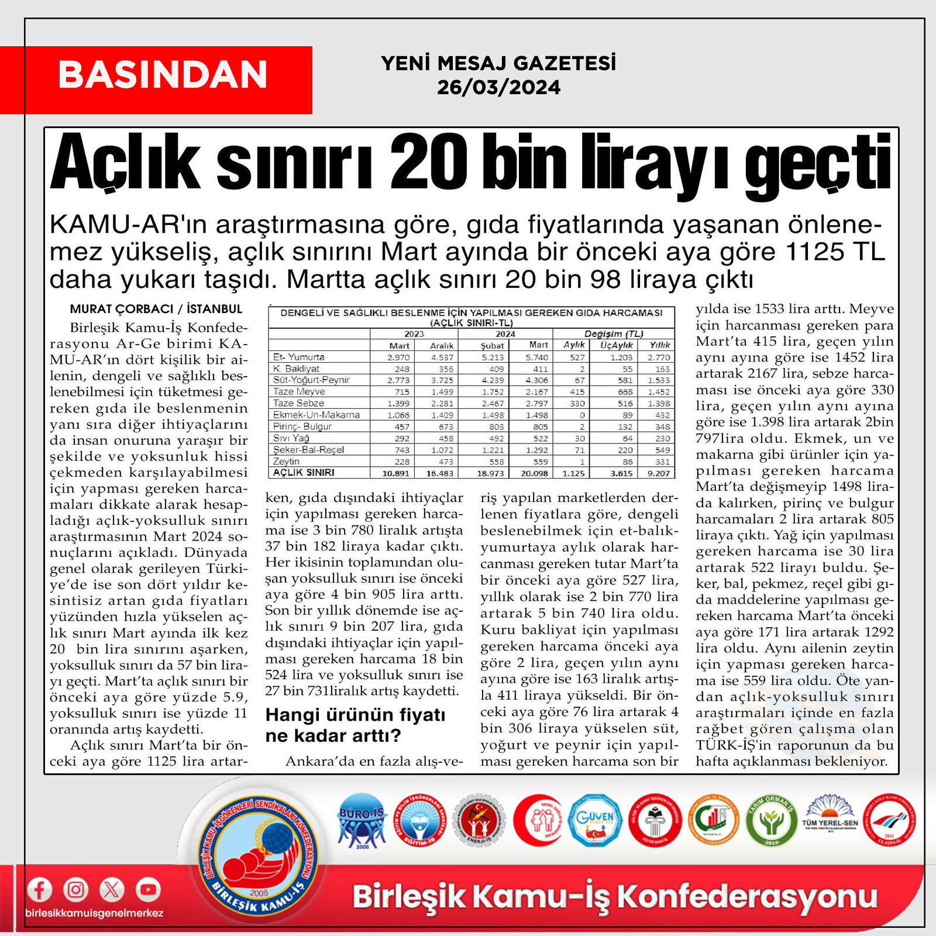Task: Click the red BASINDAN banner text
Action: tap(163, 75)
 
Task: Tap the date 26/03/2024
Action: tap(498, 88)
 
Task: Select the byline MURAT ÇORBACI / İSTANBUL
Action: tap(156, 309)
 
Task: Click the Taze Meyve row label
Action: tap(299, 391)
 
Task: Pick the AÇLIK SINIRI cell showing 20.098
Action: tap(534, 473)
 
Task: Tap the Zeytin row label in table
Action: tap(287, 461)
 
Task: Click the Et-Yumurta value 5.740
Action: tap(536, 357)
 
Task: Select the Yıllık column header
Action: tap(659, 345)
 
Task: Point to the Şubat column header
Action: tap(492, 345)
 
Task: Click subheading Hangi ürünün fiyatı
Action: tap(356, 715)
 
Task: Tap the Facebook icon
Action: tap(39, 890)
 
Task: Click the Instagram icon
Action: tap(76, 890)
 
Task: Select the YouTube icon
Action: tap(149, 890)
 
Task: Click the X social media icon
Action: tap(112, 890)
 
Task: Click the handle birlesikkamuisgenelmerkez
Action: tap(94, 913)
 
